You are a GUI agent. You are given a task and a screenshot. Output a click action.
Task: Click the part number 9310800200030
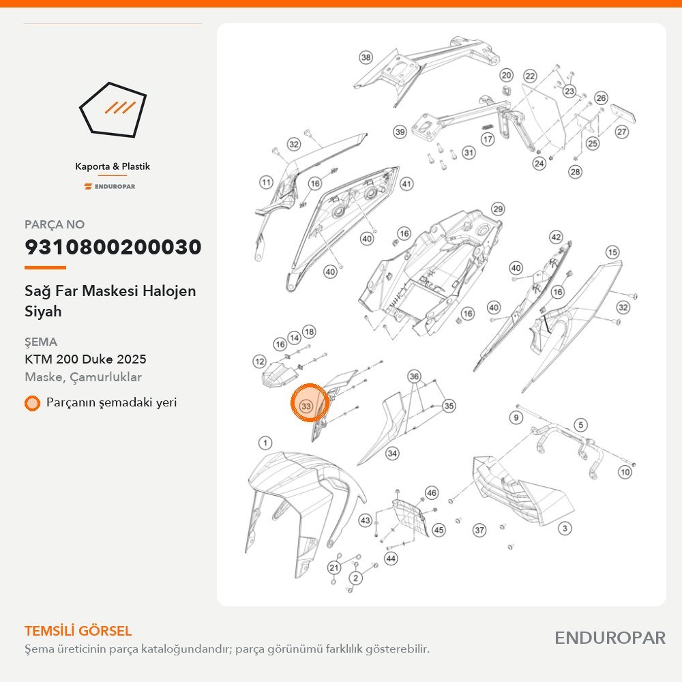click(x=113, y=247)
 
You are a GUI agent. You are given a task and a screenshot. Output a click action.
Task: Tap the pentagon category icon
click(x=113, y=110)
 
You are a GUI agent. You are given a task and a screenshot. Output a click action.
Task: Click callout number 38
click(x=366, y=57)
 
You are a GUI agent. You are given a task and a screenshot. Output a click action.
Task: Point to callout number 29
click(x=498, y=209)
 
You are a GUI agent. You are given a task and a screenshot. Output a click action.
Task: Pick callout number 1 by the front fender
click(x=265, y=443)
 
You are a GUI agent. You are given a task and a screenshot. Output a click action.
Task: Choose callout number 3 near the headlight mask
click(x=565, y=529)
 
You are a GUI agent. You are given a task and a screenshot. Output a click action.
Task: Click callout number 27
click(x=621, y=132)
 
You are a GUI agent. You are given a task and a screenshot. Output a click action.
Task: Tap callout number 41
click(x=406, y=184)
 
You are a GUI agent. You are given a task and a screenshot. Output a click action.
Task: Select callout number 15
click(x=612, y=252)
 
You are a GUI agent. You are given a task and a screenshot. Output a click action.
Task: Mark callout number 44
click(x=391, y=559)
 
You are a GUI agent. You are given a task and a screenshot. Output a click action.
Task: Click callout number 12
click(x=260, y=361)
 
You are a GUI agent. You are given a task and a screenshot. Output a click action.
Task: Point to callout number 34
click(x=392, y=454)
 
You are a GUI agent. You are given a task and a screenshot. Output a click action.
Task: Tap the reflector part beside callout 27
click(x=623, y=113)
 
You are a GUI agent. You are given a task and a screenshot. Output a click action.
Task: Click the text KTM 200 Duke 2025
click(x=85, y=359)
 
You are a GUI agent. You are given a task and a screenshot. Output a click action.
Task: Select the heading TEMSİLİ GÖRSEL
click(x=78, y=631)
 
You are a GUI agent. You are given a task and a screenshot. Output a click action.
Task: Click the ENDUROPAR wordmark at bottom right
click(x=610, y=638)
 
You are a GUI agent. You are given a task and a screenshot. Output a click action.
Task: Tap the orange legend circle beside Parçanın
click(x=32, y=403)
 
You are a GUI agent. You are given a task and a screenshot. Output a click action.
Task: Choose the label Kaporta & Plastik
click(x=113, y=166)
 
